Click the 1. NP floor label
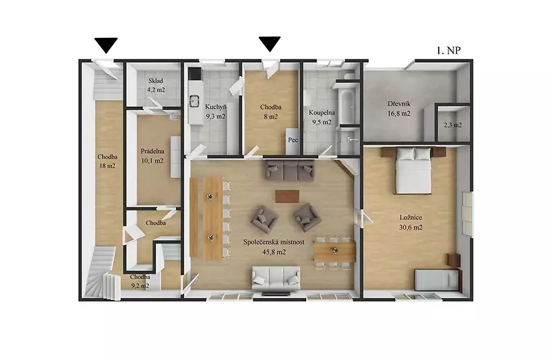pyautogui.click(x=448, y=50)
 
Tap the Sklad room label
pyautogui.click(x=155, y=81)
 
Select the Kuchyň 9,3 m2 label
pyautogui.click(x=215, y=112)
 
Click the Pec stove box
pyautogui.click(x=293, y=140)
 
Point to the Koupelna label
pyautogui.click(x=322, y=113)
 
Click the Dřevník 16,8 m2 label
pyautogui.click(x=399, y=109)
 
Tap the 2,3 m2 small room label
pyautogui.click(x=453, y=125)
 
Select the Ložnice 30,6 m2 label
pyautogui.click(x=411, y=222)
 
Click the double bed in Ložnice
pyautogui.click(x=414, y=170)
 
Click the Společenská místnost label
pyautogui.click(x=274, y=243)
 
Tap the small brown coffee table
pyautogui.click(x=287, y=197)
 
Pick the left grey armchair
pyautogui.click(x=264, y=220)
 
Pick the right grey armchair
pyautogui.click(x=307, y=217)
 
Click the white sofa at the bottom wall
pyautogui.click(x=276, y=278)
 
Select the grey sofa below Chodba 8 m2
pyautogui.click(x=290, y=171)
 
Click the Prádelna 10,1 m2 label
pyautogui.click(x=152, y=156)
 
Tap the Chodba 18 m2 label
pyautogui.click(x=108, y=161)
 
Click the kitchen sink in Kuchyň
pyautogui.click(x=193, y=101)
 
